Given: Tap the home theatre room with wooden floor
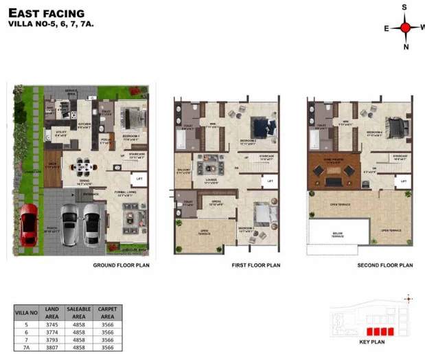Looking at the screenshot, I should [334, 171].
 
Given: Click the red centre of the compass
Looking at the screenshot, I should [405, 27].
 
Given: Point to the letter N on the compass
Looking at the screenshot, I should [406, 47].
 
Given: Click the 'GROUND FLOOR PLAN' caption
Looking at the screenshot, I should [122, 265].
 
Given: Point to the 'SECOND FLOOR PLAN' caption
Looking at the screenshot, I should [384, 265].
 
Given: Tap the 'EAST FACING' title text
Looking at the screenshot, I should [46, 12].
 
